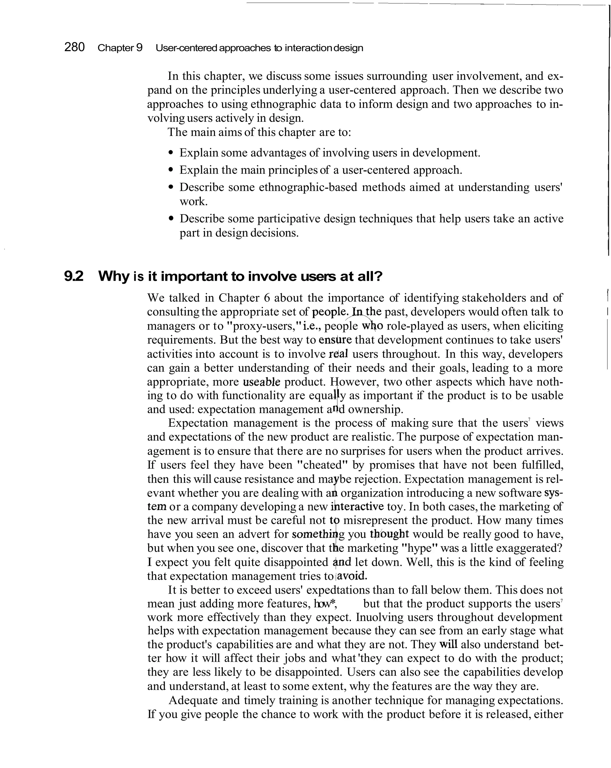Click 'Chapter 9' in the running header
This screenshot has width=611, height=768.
click(120, 48)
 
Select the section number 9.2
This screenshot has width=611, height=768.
click(74, 276)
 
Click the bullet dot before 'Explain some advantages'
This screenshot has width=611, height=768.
click(171, 153)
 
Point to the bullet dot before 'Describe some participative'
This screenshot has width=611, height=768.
click(171, 219)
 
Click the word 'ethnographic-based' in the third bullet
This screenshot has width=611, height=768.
click(308, 187)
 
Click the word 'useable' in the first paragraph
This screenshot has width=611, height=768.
click(262, 382)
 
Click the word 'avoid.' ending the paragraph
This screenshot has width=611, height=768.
click(352, 576)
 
